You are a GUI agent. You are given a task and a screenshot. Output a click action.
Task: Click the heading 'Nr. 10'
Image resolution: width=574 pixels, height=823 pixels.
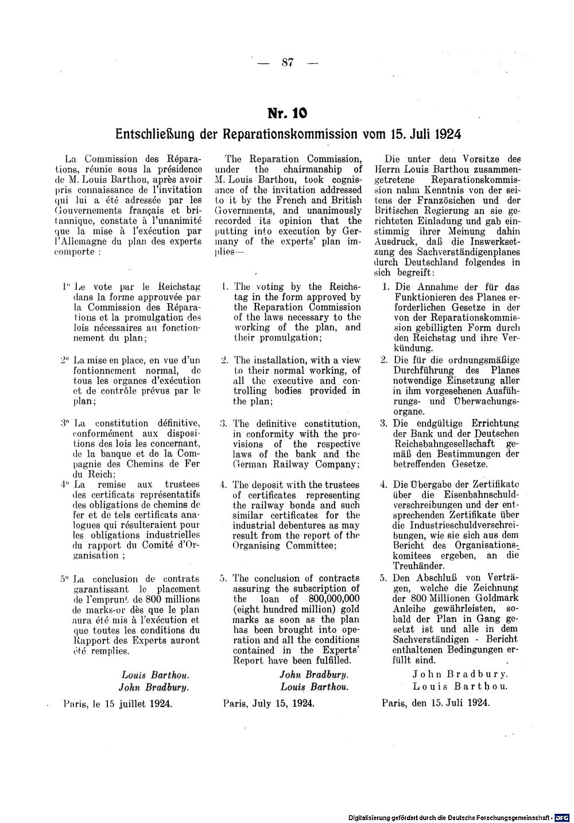pos(288,112)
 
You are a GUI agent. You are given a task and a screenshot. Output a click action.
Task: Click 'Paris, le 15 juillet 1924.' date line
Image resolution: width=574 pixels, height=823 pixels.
pos(118,703)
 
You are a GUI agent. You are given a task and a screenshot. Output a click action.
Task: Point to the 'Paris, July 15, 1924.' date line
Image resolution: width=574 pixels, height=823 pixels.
pos(268,703)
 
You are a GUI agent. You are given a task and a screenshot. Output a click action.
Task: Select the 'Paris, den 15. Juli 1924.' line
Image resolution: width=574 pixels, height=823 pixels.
pos(436,703)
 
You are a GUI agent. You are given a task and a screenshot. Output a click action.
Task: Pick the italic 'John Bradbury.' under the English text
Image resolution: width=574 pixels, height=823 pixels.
pos(314,675)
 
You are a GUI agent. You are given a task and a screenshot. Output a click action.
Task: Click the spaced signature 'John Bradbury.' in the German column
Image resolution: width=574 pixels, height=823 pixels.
pos(460,675)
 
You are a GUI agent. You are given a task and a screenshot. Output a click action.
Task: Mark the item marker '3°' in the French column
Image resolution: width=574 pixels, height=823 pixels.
pos(64,424)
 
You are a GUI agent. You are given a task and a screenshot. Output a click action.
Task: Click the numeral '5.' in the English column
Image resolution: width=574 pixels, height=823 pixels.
pos(224,579)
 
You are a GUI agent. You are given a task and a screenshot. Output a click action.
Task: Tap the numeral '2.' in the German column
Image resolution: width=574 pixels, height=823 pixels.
pos(385,360)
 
